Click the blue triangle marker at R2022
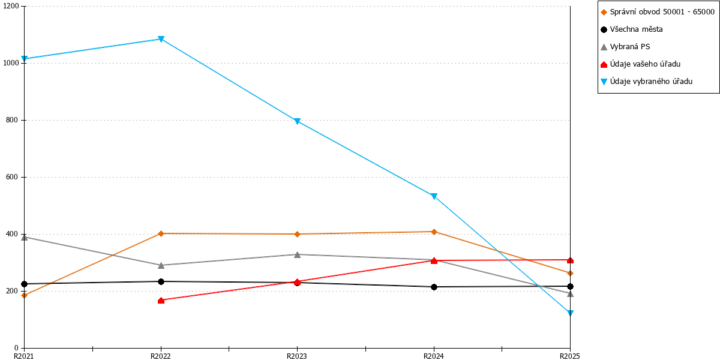pos(161,39)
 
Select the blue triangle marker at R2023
pos(298,121)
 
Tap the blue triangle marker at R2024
pos(434,196)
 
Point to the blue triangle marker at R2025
pos(570,313)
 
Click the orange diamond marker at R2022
pos(161,233)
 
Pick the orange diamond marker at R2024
pos(434,232)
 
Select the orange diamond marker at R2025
pos(570,273)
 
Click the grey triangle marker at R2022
pos(161,265)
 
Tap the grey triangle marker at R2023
pos(298,254)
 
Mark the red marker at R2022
pos(161,300)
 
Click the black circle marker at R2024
pos(434,287)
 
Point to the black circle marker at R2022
pos(161,281)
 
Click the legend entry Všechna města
pos(632,29)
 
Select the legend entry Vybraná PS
pos(625,47)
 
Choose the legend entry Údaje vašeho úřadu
pos(640,64)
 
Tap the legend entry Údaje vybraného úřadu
pos(646,82)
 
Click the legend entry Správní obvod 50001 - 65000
pos(658,12)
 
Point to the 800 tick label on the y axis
pos(12,120)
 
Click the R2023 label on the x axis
pos(296,356)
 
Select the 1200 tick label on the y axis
pos(11,6)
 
